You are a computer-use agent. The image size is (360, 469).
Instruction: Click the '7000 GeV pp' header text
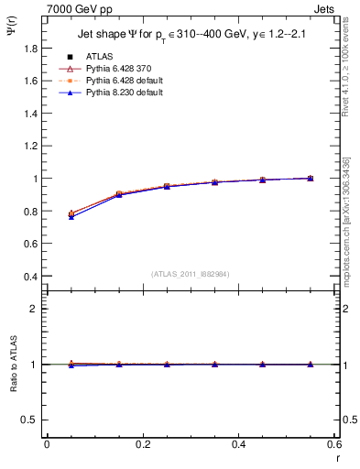(74, 8)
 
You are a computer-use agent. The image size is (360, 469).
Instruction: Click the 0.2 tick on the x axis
(142, 444)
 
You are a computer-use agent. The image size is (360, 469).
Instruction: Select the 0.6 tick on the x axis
(333, 444)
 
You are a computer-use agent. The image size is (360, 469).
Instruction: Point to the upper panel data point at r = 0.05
(71, 214)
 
